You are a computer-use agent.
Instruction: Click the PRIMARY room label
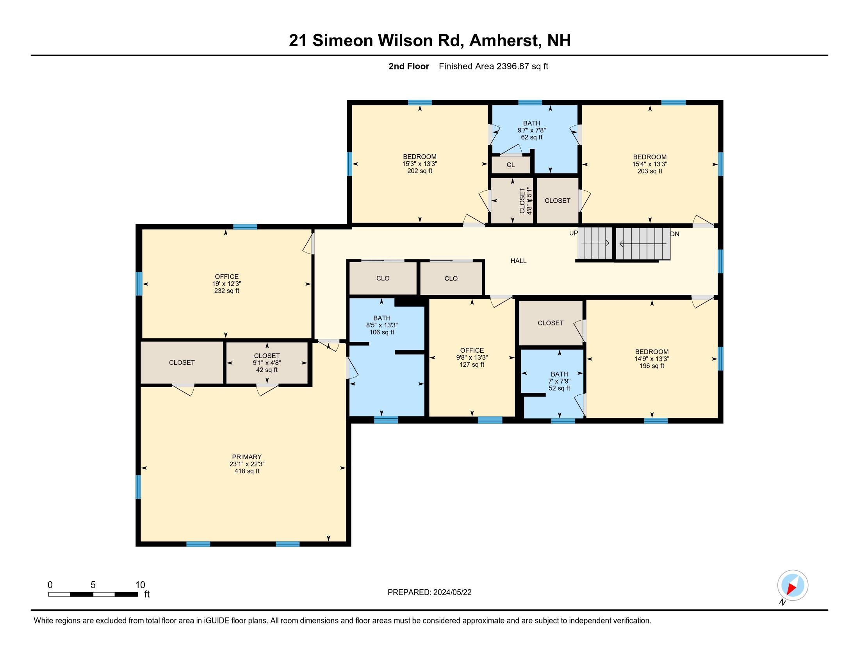point(247,457)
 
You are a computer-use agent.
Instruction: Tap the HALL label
point(518,261)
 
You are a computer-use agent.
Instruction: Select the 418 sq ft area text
point(247,471)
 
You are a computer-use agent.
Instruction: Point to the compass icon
point(792,585)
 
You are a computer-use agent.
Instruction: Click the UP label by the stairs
point(573,233)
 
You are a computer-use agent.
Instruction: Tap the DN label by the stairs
point(675,234)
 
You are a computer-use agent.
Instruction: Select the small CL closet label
point(511,165)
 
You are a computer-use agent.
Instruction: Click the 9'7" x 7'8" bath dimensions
point(531,130)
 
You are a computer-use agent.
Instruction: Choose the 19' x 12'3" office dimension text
point(226,284)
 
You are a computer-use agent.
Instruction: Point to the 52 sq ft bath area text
point(559,388)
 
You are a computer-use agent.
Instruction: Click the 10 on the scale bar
point(140,585)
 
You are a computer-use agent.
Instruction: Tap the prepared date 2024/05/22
point(452,593)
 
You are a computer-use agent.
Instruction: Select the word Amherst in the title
point(503,41)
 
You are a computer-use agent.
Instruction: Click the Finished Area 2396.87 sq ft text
point(493,66)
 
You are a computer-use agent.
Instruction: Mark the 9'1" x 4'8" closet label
point(267,363)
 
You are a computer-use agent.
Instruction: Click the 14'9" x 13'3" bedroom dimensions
point(651,359)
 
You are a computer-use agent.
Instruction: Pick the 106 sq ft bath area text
point(381,332)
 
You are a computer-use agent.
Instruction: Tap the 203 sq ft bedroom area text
point(649,171)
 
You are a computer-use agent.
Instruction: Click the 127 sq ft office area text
point(472,365)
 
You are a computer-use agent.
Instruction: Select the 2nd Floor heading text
point(408,66)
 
